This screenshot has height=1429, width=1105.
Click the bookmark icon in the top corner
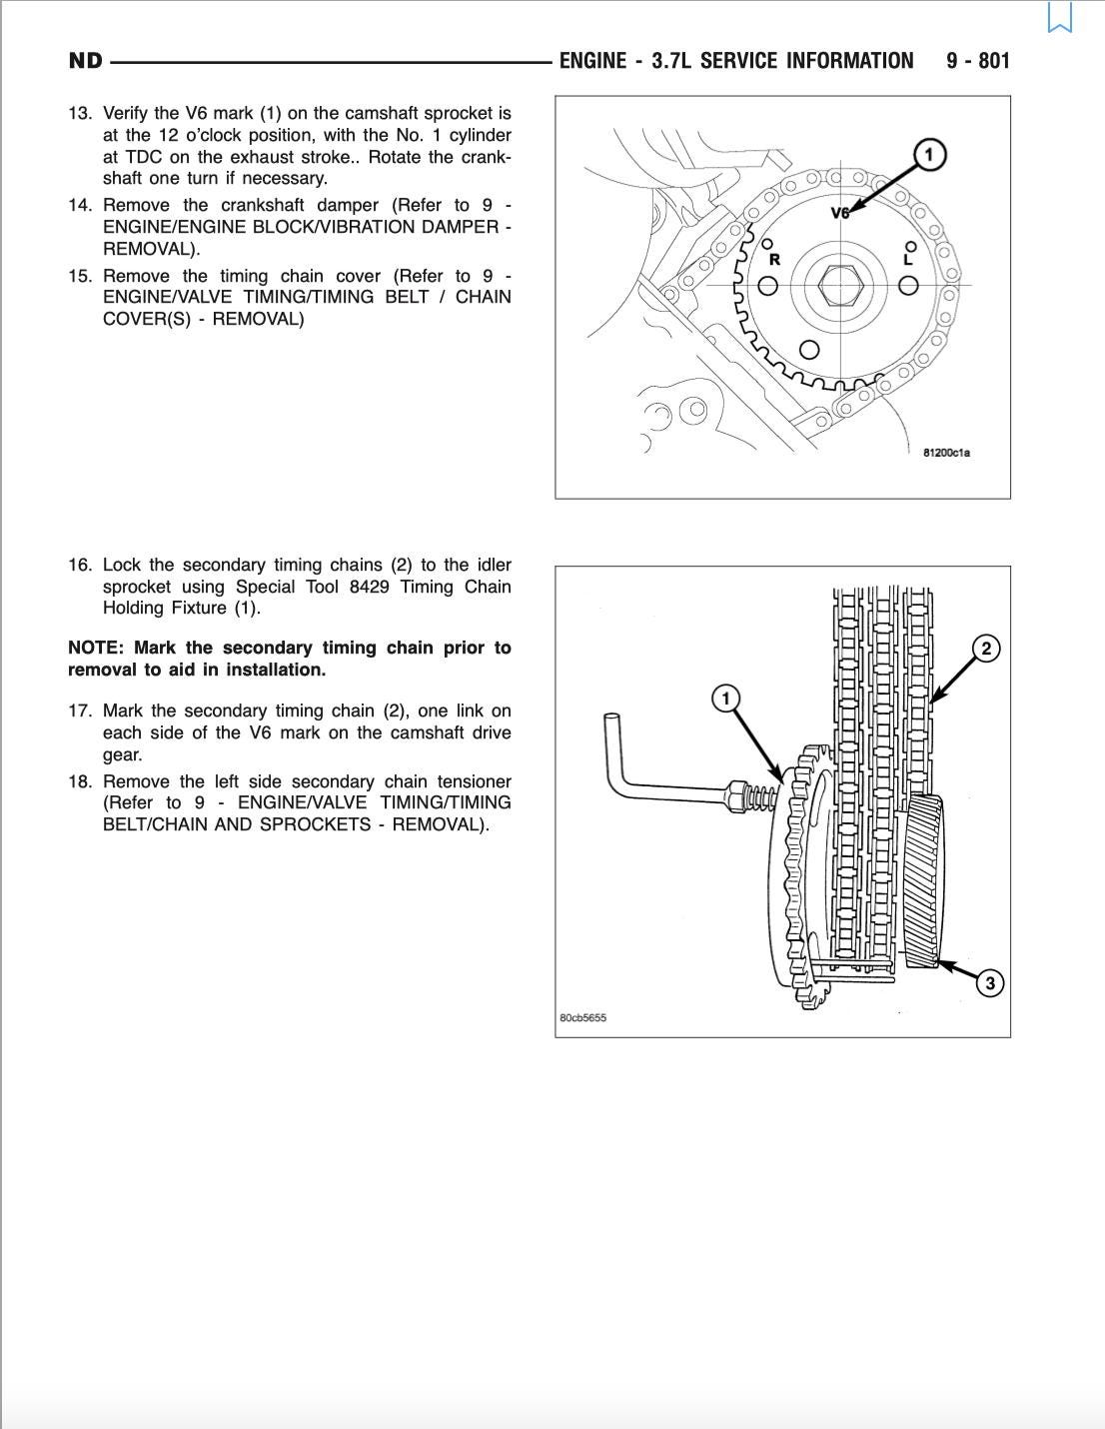1060,18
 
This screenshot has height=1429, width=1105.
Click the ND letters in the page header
86,61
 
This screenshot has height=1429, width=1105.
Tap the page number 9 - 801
978,61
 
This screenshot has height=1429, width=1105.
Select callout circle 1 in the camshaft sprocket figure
930,155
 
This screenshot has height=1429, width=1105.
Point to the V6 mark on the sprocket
840,213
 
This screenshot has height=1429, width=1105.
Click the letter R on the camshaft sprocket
773,260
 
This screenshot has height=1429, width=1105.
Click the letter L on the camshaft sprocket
907,259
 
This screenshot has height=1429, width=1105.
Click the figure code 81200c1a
946,453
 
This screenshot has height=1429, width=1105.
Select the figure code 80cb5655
583,1018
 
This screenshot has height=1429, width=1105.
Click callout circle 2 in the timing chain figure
986,649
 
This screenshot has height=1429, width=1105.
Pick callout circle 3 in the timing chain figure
989,984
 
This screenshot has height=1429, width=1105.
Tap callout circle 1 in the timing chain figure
726,698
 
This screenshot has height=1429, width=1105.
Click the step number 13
79,114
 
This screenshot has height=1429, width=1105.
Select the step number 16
79,566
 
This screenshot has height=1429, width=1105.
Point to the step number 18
79,781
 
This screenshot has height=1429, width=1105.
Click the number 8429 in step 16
369,587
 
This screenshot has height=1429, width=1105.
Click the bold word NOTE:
96,649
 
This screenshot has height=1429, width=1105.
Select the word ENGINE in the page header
592,61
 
